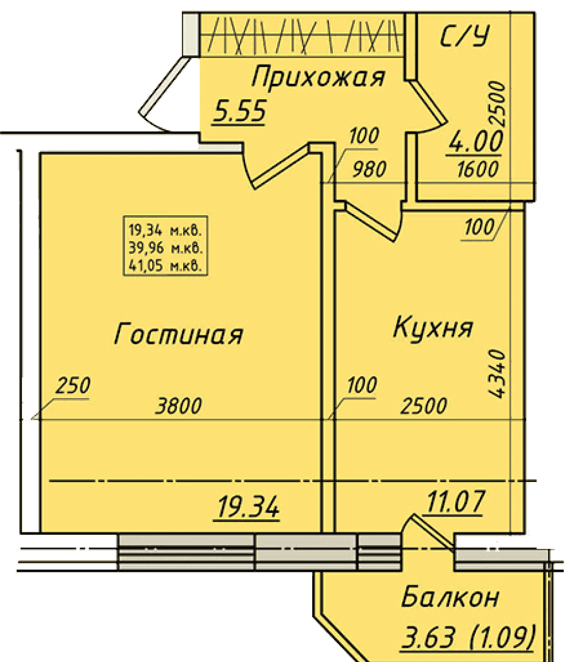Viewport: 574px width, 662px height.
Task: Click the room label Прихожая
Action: pyautogui.click(x=317, y=78)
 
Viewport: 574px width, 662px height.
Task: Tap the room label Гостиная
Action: pyautogui.click(x=179, y=333)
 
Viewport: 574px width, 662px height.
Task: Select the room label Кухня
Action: pyautogui.click(x=433, y=327)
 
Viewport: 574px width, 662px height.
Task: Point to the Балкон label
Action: pyautogui.click(x=450, y=597)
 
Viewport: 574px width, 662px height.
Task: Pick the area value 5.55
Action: pyautogui.click(x=240, y=111)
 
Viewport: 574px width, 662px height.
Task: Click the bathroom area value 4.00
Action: pyautogui.click(x=476, y=142)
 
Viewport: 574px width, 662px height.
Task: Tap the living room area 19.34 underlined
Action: pyautogui.click(x=248, y=507)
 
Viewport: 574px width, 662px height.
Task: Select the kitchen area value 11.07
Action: pyautogui.click(x=455, y=501)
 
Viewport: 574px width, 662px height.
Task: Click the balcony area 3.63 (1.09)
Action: pyautogui.click(x=468, y=637)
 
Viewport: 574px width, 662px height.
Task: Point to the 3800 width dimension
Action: pyautogui.click(x=179, y=406)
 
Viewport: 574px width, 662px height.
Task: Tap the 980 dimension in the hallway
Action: pyautogui.click(x=369, y=170)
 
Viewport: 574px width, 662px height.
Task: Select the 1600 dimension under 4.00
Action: pyautogui.click(x=477, y=170)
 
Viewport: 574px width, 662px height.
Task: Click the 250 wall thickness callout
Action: pyautogui.click(x=73, y=385)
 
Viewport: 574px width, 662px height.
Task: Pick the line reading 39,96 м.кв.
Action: pyautogui.click(x=165, y=248)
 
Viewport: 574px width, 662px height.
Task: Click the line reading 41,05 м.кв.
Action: pyautogui.click(x=165, y=266)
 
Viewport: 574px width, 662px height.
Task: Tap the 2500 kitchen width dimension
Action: pyautogui.click(x=424, y=406)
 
